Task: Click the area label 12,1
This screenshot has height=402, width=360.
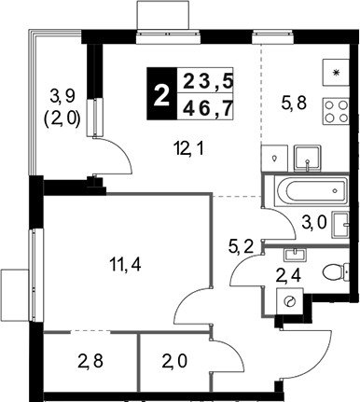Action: click(188, 150)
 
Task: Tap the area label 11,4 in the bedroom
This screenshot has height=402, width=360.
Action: click(125, 265)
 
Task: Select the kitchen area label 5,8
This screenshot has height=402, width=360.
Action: click(294, 104)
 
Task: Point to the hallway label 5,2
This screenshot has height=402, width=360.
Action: click(242, 247)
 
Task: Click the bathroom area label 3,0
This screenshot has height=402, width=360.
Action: click(313, 223)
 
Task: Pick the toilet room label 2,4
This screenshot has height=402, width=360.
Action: click(289, 276)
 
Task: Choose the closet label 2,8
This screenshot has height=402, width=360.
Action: click(90, 362)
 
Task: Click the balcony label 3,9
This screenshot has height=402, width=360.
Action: click(62, 96)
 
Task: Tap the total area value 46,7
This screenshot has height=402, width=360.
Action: click(208, 108)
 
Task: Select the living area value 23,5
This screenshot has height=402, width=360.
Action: click(208, 82)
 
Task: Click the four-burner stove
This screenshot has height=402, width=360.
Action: click(337, 111)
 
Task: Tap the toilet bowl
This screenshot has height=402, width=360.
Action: click(336, 272)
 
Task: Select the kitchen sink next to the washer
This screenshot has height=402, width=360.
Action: click(307, 159)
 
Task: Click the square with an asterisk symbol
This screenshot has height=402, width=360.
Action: click(336, 73)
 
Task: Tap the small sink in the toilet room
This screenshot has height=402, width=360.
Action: click(295, 255)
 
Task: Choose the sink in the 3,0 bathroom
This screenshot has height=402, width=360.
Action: click(340, 225)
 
